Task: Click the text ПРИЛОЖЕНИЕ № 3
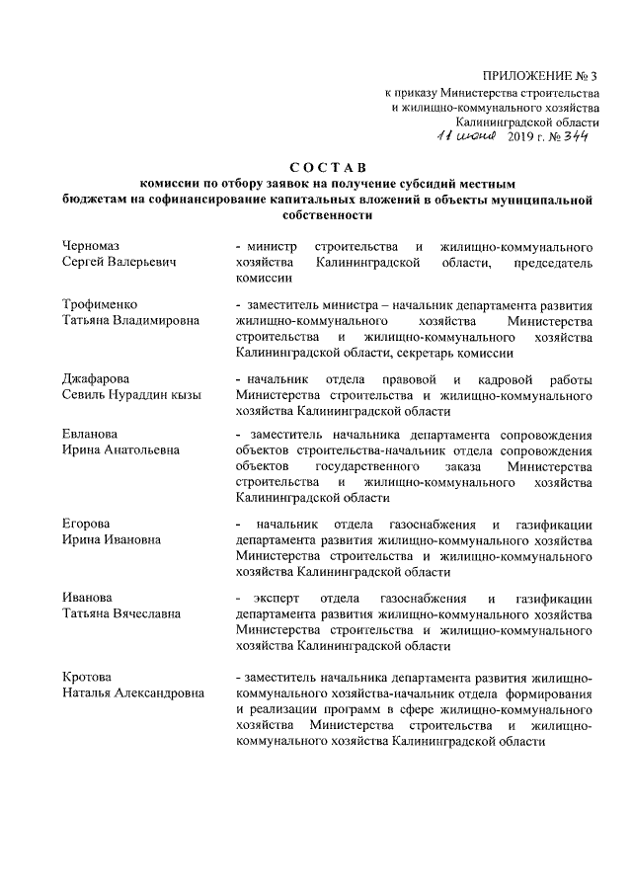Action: (x=540, y=76)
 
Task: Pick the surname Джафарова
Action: (x=100, y=378)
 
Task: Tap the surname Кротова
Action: (x=88, y=677)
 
